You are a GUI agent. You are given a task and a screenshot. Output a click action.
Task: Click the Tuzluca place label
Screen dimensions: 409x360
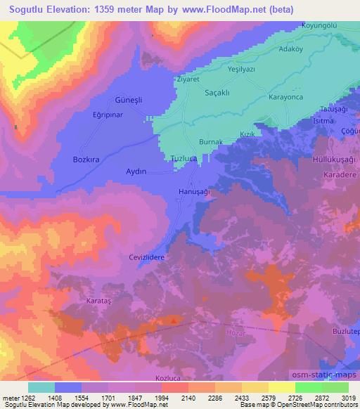[185, 159]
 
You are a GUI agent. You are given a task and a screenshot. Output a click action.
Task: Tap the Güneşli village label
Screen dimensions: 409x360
[129, 100]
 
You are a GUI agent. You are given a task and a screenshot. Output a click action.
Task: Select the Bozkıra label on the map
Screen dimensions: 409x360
[87, 160]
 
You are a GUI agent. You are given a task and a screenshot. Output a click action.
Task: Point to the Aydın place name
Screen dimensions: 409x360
[136, 171]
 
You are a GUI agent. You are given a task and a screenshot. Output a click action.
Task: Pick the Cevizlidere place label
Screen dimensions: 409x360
[146, 258]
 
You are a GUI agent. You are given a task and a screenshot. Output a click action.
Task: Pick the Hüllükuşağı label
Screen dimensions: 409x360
[332, 160]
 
